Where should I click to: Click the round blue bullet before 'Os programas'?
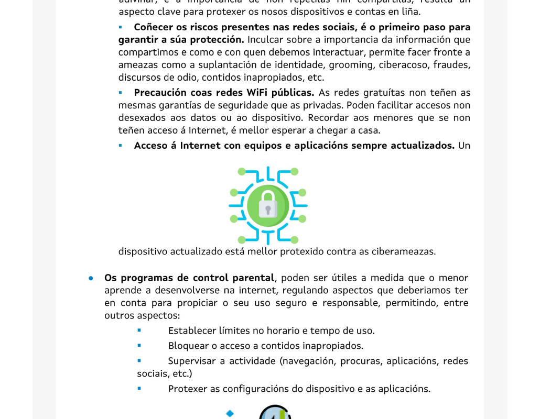click(91, 278)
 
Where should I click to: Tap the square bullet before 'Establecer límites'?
click(139, 330)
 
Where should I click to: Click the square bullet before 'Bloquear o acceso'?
click(139, 346)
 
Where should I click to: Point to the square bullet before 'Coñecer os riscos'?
click(121, 27)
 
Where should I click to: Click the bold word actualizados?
click(422, 146)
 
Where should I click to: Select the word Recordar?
click(328, 118)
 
